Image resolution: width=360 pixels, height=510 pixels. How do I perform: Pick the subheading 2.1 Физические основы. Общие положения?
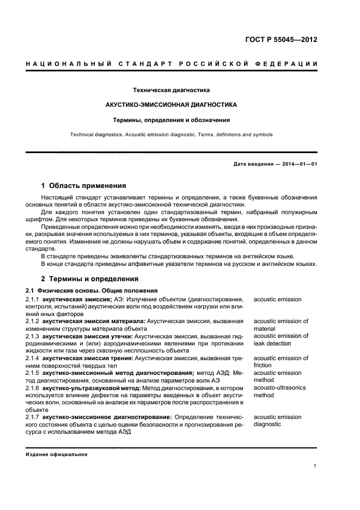tap(92, 292)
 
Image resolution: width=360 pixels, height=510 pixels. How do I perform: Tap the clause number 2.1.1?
tap(33, 300)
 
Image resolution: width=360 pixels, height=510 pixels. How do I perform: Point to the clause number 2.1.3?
tap(33, 336)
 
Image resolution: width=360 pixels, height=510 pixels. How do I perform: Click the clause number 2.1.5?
tap(33, 373)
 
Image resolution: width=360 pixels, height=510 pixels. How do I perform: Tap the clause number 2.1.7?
tap(33, 417)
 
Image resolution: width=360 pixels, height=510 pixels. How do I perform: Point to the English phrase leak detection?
tap(272, 343)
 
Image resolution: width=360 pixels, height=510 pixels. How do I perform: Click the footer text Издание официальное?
tap(57, 454)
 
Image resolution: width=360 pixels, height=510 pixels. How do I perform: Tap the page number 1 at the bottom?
tap(315, 466)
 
